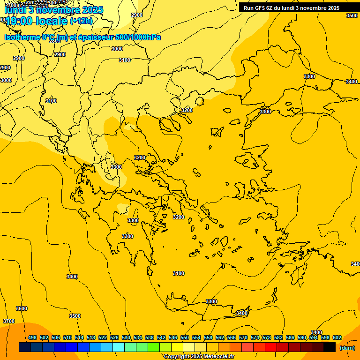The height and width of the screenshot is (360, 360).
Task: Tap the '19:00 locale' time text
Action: coord(37,21)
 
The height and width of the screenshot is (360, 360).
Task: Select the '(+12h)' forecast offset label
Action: coord(81,21)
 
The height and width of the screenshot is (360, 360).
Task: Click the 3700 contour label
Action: coord(8,321)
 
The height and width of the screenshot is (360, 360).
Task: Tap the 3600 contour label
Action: coord(22,308)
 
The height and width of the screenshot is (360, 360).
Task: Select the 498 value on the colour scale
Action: coord(32,337)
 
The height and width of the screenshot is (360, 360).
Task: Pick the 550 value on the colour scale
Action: coord(185,337)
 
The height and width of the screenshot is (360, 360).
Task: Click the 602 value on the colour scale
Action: coord(337,337)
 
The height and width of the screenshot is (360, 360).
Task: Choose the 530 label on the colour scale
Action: coord(126,337)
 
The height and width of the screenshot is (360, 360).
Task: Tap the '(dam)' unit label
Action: coord(347,348)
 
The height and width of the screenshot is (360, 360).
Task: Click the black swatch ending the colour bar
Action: coord(330,347)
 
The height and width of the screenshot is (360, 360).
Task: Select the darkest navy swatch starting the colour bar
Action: coord(25,347)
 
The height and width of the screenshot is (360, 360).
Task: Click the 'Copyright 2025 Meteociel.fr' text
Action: coord(199,356)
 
